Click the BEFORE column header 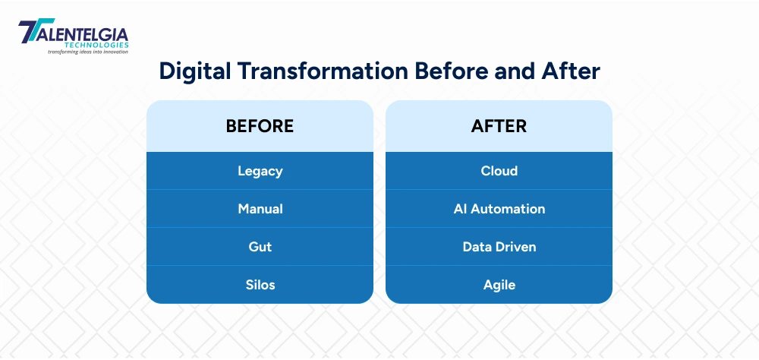click(260, 126)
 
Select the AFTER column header click(499, 126)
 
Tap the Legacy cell click(260, 171)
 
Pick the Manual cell click(260, 209)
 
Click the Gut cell click(260, 247)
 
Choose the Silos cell click(260, 285)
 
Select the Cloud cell click(499, 171)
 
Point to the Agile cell click(499, 285)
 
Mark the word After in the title click(573, 71)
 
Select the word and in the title click(518, 71)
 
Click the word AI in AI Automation click(460, 209)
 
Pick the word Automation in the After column click(508, 209)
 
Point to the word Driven click(516, 247)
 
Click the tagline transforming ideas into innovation click(88, 52)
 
